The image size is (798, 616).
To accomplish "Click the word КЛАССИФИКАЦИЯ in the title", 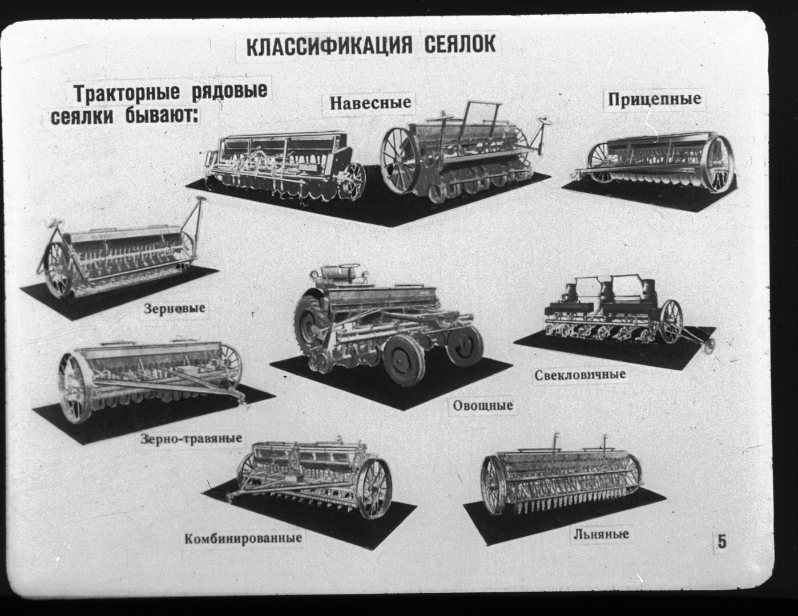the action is coord(329,46).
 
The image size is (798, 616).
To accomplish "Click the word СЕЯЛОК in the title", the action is coord(460,44).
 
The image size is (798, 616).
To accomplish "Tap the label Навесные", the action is coord(370,103).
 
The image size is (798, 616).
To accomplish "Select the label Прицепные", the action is coord(654,99).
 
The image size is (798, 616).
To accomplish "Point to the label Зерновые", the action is coord(174,308).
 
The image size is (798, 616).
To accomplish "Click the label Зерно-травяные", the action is coord(191,439).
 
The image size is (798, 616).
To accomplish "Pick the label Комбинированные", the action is coord(243,538).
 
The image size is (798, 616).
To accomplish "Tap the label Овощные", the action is coord(482,406).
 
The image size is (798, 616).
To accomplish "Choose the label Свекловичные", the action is coord(580,375).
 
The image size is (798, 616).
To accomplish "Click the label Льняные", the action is coord(601,534).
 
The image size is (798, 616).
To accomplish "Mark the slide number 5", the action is coord(722,541).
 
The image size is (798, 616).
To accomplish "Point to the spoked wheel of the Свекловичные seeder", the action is coord(671,321).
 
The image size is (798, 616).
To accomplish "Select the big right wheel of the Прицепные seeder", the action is coord(720,164).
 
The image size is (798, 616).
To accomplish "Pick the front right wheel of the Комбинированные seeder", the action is coord(374,488).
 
